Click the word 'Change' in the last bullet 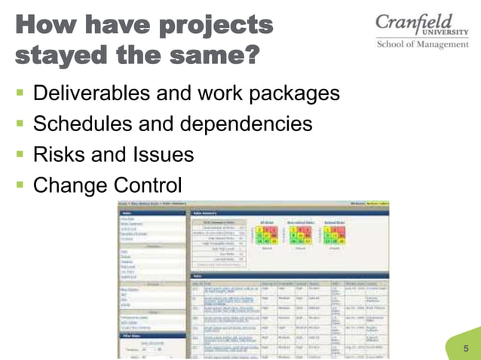tap(69, 185)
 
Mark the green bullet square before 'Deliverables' tap(19, 95)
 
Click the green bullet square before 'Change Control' tap(19, 185)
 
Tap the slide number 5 tap(465, 348)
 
